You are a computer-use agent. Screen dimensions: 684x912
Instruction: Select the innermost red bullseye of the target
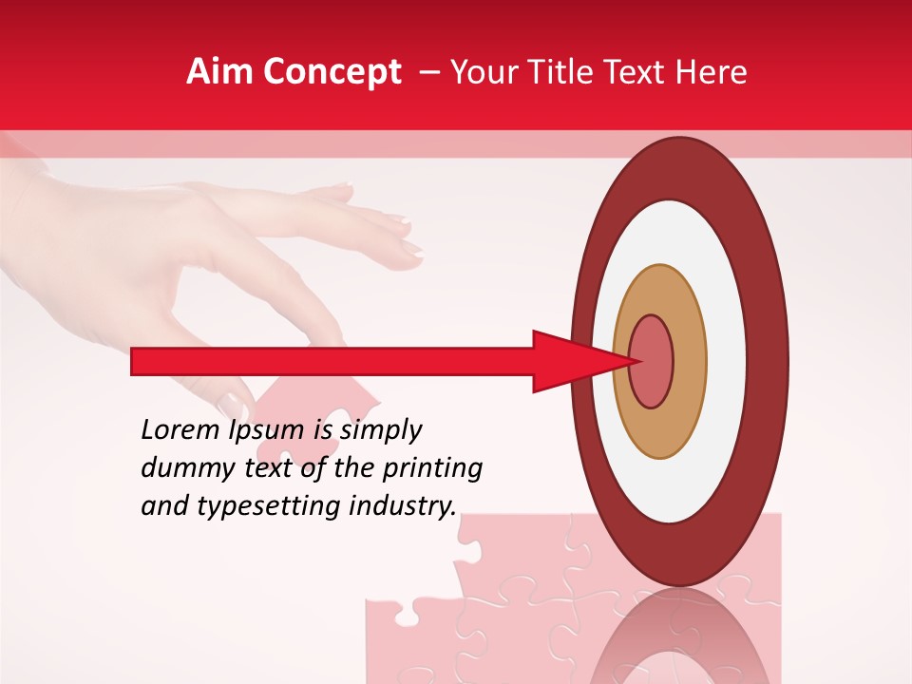coord(652,361)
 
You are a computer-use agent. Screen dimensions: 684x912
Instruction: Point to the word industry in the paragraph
coord(404,506)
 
